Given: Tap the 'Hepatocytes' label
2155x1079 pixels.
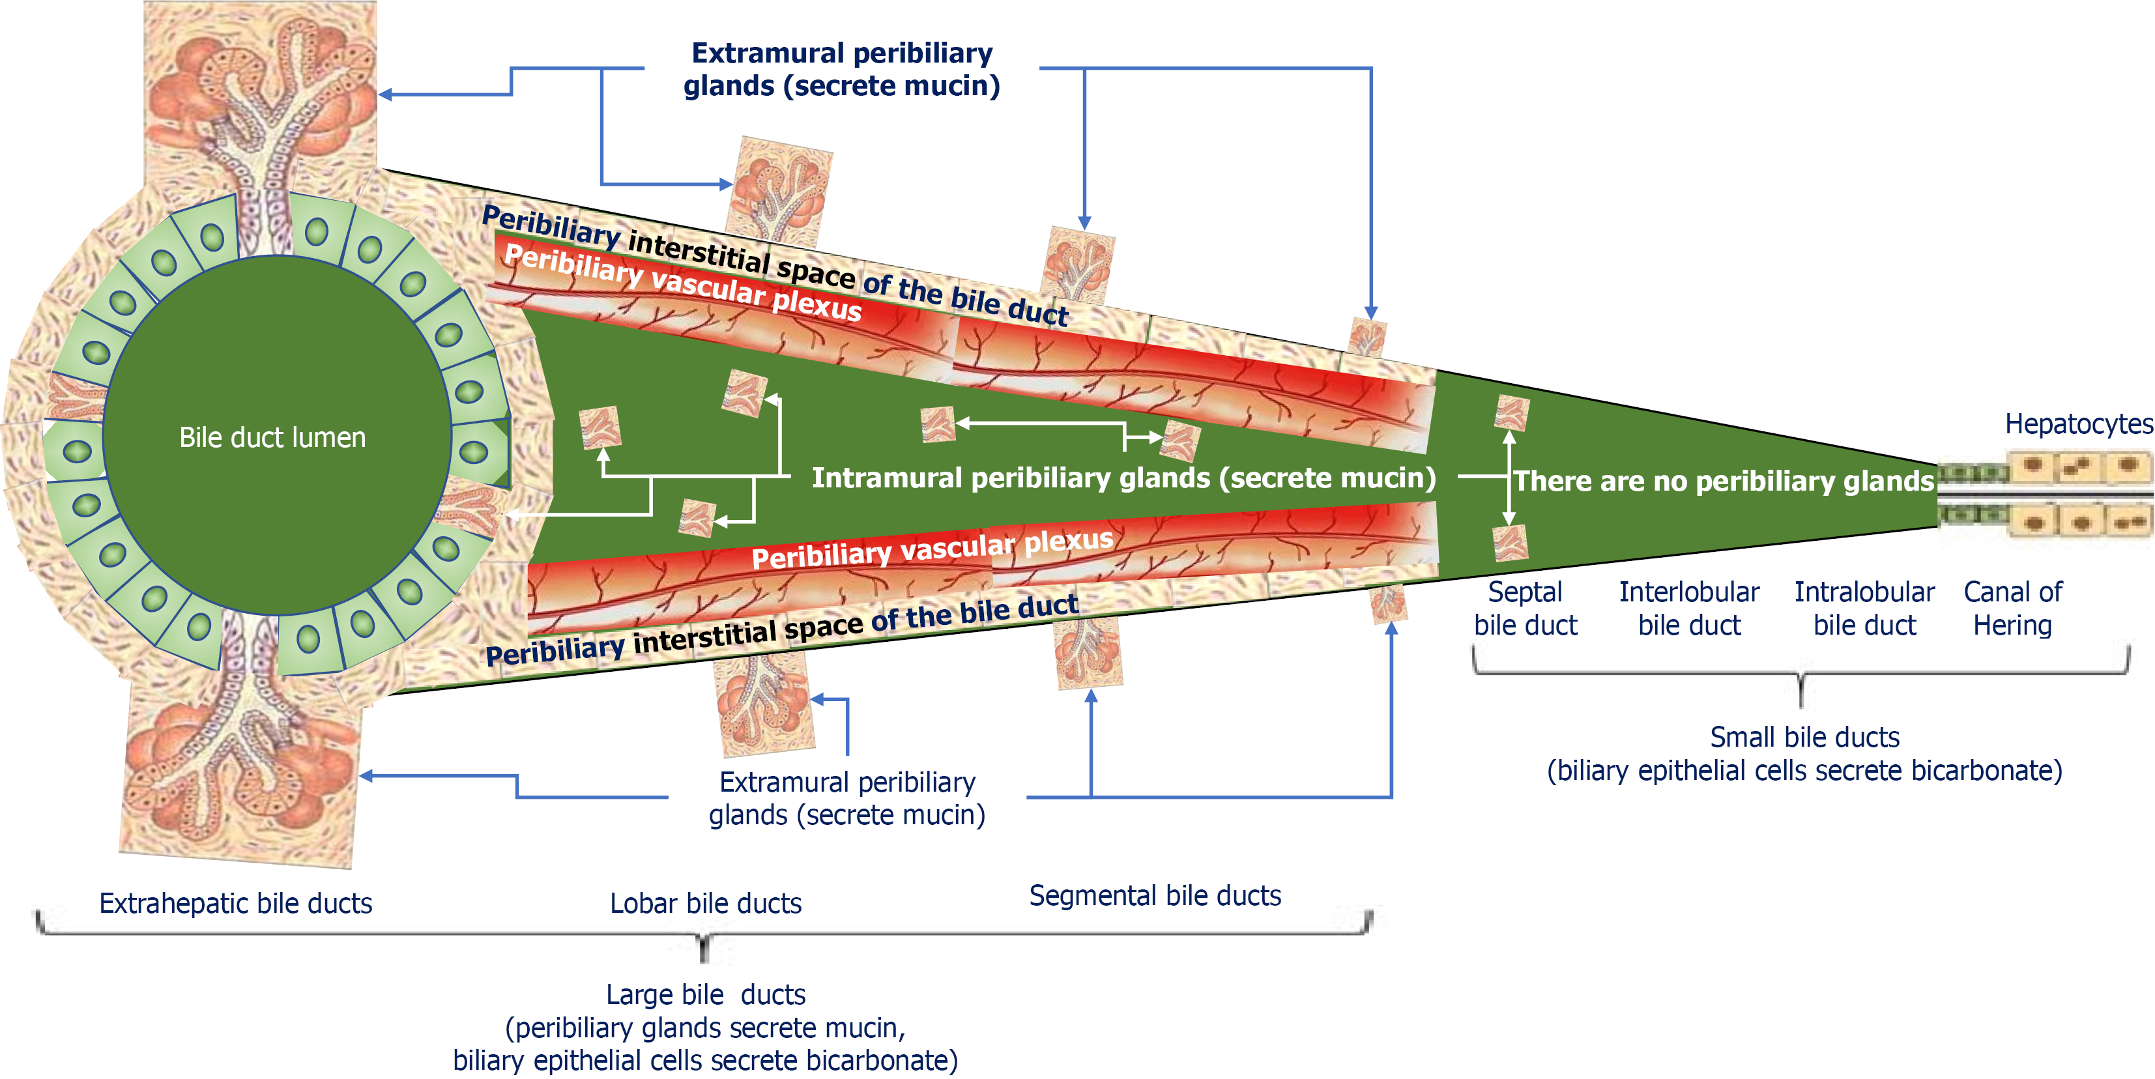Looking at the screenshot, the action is [x=2079, y=424].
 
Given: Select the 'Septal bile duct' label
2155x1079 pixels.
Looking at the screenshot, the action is [x=1525, y=608].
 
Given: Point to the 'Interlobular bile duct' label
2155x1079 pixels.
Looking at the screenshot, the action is [x=1689, y=608].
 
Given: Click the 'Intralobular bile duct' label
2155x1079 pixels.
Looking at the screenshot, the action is [x=1865, y=608].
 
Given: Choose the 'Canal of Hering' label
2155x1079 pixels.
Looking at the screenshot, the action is [x=2013, y=608].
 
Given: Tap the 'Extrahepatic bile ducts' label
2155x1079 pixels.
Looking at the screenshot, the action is [x=235, y=903].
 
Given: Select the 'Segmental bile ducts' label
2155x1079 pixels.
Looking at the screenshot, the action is [x=1155, y=896].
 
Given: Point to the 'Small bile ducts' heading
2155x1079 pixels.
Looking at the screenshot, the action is [x=1804, y=737].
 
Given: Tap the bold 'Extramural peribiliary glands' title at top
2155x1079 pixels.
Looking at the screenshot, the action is [x=841, y=53].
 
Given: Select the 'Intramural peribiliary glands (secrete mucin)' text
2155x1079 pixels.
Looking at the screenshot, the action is [x=1123, y=478].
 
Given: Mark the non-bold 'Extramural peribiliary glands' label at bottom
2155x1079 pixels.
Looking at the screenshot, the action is [x=846, y=798].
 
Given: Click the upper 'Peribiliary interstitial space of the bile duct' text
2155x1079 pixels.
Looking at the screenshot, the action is [x=775, y=265].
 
